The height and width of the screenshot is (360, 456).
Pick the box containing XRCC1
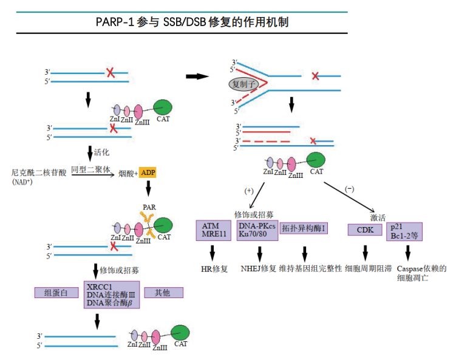(112, 294)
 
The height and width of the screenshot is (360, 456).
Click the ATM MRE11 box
(214, 230)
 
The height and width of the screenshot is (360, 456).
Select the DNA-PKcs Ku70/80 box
(256, 229)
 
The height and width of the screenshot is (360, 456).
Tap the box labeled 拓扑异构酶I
(304, 229)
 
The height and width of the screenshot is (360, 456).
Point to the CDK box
(364, 229)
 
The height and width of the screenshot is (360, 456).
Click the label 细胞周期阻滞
(368, 268)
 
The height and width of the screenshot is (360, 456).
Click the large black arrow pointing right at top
(197, 76)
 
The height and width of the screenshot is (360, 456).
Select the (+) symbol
(249, 191)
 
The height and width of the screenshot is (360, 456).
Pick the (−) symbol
(350, 189)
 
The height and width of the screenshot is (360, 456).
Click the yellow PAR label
(149, 208)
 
